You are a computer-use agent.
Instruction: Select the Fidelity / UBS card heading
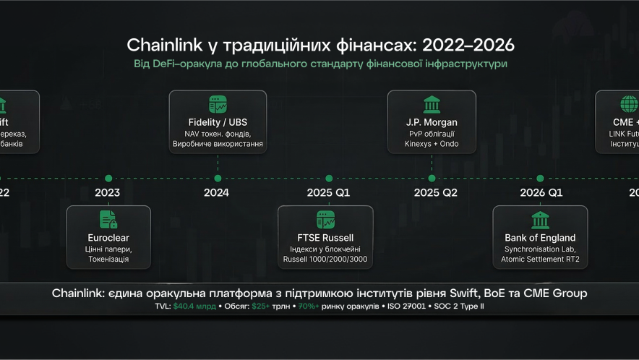[x=218, y=122]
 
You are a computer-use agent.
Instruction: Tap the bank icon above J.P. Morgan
[x=432, y=104]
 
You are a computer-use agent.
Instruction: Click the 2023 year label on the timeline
[x=107, y=193]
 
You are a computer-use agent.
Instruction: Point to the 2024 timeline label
[x=216, y=193]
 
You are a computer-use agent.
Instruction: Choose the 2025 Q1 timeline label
[x=328, y=193]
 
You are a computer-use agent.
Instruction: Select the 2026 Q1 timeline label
[x=541, y=193]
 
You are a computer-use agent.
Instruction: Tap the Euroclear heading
[x=108, y=237]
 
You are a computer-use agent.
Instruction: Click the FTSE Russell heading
[x=325, y=237]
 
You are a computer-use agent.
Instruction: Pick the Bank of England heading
[x=540, y=237]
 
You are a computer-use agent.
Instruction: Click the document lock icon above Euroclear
[x=108, y=220]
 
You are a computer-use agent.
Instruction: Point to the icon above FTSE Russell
[x=325, y=220]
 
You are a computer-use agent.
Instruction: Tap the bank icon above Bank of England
[x=540, y=220]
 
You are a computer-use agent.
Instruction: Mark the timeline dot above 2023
[x=108, y=178]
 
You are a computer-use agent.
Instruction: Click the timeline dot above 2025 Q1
[x=329, y=178]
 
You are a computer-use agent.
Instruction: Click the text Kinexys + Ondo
[x=432, y=144]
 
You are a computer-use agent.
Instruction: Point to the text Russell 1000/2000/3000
[x=325, y=259]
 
